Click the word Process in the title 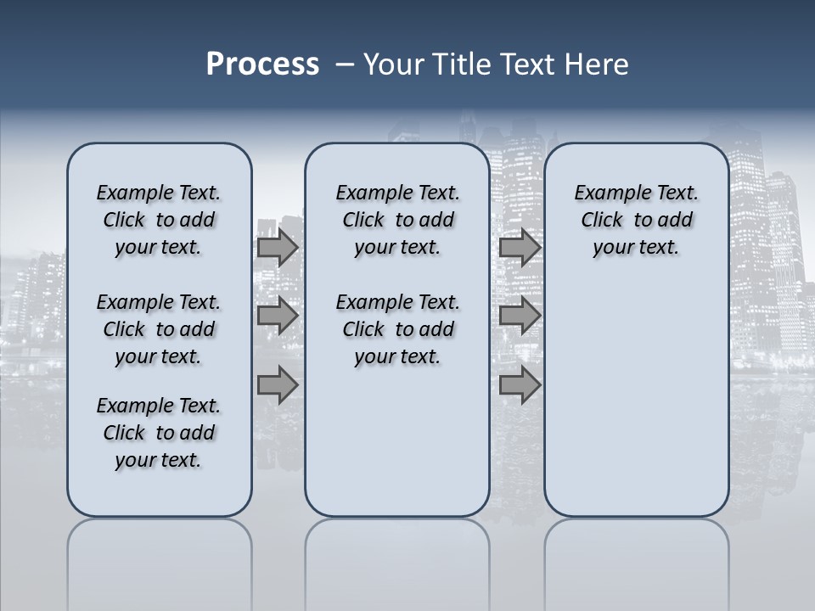point(262,64)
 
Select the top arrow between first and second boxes point(277,248)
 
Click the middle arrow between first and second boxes point(277,316)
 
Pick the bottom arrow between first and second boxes point(277,385)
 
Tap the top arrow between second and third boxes point(520,248)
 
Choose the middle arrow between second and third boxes point(520,316)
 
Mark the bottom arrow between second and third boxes point(520,385)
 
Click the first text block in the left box point(159,220)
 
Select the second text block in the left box point(159,329)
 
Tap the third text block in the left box point(159,433)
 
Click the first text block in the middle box point(397,220)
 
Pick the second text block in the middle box point(397,329)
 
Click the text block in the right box point(636,220)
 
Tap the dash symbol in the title point(345,64)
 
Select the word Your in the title point(391,64)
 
